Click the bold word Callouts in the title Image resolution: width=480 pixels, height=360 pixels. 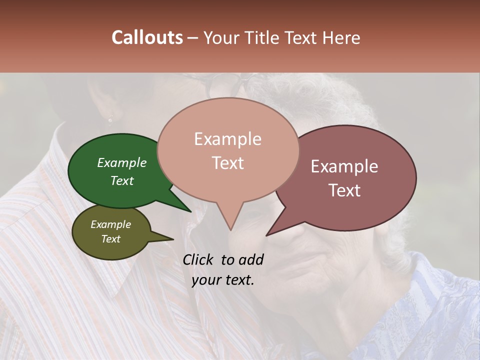(147, 37)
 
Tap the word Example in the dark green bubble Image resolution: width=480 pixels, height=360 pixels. (121, 162)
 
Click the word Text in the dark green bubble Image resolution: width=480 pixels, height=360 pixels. (121, 180)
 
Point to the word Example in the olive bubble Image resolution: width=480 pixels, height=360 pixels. (110, 224)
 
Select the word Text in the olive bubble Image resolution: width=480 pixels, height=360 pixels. (110, 239)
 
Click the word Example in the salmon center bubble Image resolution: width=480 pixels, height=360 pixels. (227, 139)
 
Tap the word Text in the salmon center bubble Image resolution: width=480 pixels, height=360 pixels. (227, 163)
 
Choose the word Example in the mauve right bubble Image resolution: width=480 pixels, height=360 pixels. (344, 166)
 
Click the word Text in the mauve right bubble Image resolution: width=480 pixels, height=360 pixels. (344, 190)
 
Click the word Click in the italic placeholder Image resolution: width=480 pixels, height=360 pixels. (199, 259)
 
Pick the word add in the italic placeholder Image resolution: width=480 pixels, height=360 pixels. (250, 259)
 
